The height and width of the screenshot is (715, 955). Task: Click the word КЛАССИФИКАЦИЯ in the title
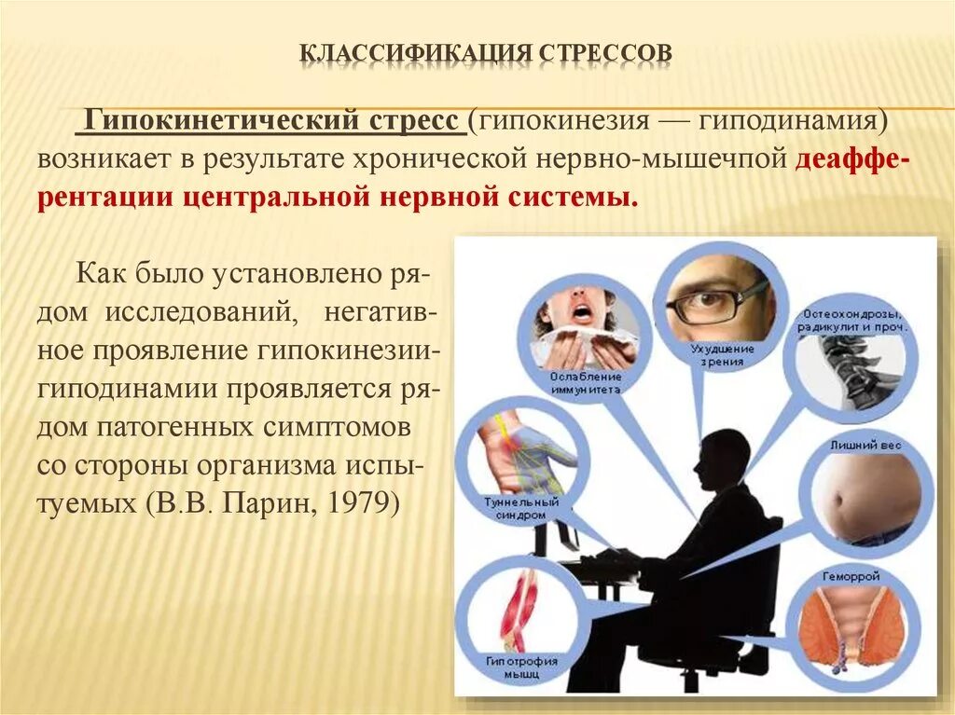tap(415, 52)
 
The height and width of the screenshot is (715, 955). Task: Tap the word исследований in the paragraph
tap(207, 313)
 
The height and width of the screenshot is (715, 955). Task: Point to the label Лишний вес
tap(865, 446)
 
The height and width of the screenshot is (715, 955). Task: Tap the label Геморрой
tap(850, 577)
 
